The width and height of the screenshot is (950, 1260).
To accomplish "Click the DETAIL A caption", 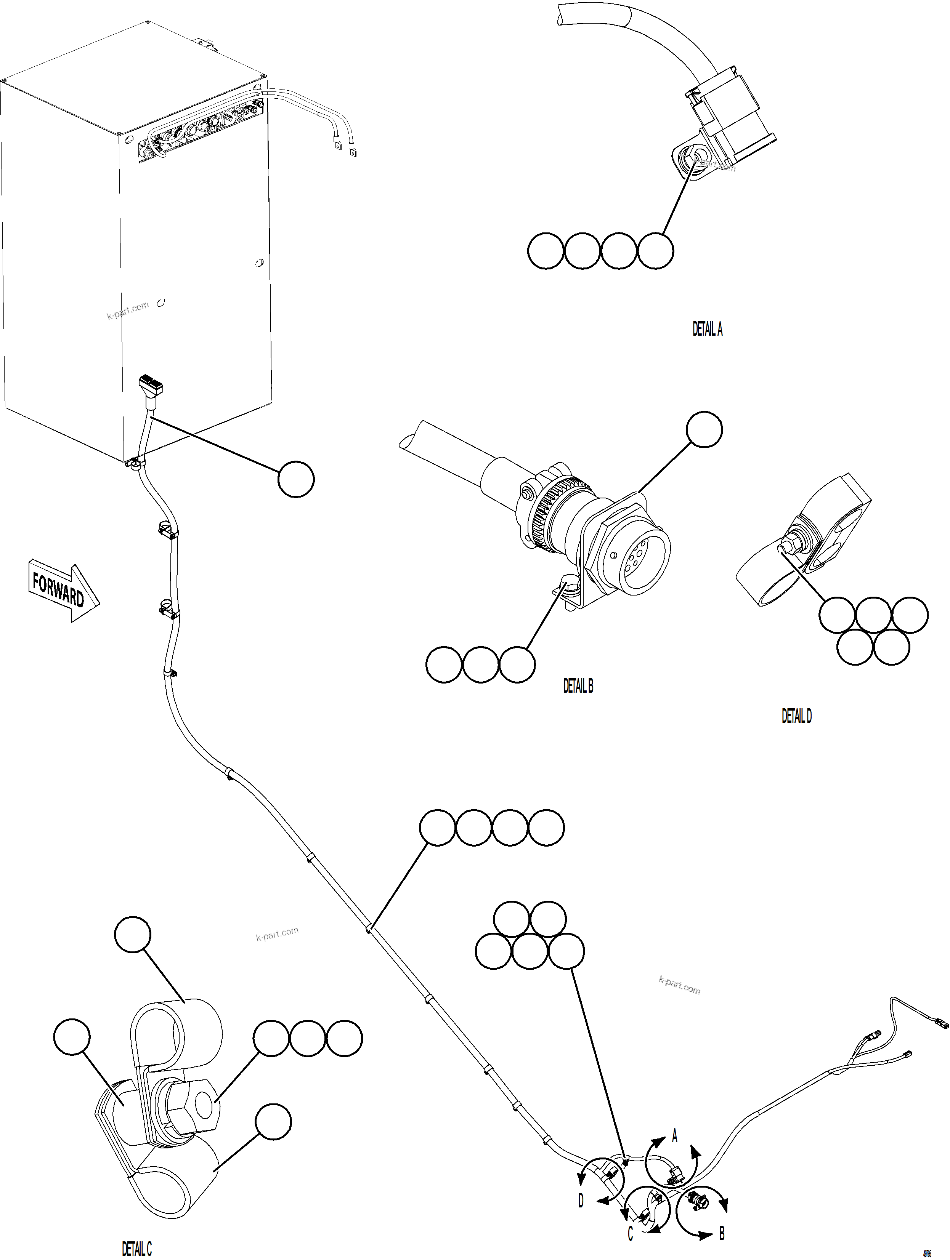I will coord(707,329).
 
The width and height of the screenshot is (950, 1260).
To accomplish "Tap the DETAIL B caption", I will coord(578,687).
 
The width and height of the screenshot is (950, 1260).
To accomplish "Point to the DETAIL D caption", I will coord(796,716).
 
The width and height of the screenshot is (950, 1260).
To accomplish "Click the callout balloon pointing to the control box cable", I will coord(296,479).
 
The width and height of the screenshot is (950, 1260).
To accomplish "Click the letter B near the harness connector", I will coord(722,1234).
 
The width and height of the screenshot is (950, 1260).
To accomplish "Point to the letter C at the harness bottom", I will coord(630,1234).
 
